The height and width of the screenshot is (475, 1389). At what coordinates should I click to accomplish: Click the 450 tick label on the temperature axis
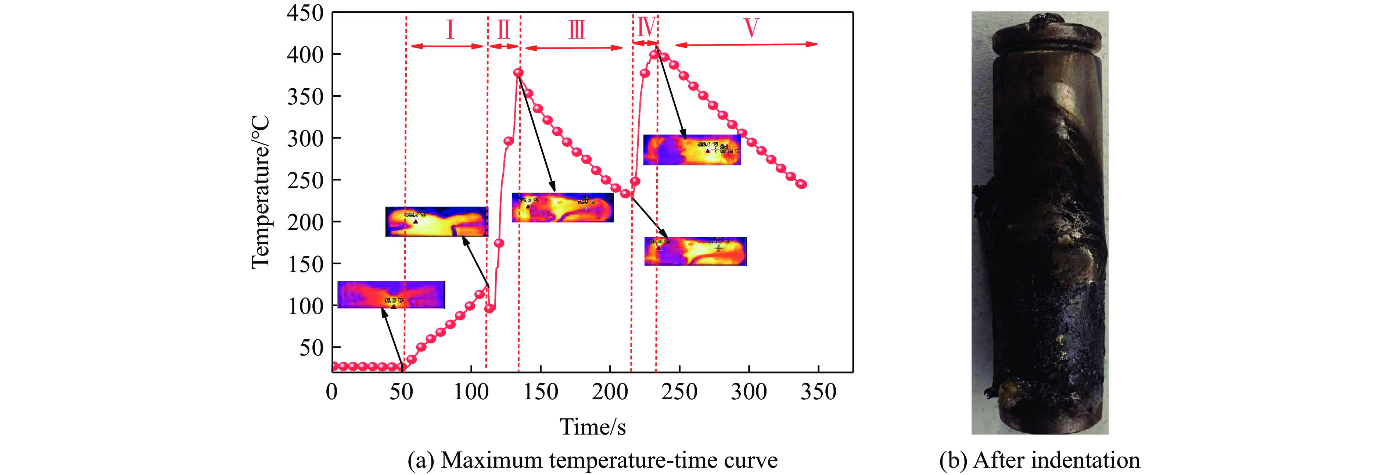[305, 13]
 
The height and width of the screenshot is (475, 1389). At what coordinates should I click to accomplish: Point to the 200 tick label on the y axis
[305, 222]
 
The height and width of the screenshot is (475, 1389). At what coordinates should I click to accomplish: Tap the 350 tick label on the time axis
[818, 391]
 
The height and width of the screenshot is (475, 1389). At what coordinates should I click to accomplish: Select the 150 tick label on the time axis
[540, 391]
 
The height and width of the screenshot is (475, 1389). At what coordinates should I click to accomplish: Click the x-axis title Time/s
[593, 427]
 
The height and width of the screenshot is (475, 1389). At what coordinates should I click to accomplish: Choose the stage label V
[751, 28]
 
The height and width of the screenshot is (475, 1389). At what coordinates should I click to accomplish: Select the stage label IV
[646, 26]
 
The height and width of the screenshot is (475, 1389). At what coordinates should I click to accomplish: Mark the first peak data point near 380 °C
[518, 72]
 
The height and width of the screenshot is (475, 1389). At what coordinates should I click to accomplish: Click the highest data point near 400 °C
[654, 54]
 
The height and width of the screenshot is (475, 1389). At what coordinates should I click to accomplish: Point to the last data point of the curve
[802, 184]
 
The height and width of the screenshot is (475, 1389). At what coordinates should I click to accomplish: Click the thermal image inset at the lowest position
[391, 295]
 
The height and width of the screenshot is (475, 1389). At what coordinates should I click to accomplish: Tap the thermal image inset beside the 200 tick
[437, 221]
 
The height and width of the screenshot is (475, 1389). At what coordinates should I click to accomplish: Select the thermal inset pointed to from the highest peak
[692, 150]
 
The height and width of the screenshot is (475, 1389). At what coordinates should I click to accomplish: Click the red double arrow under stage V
[746, 44]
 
